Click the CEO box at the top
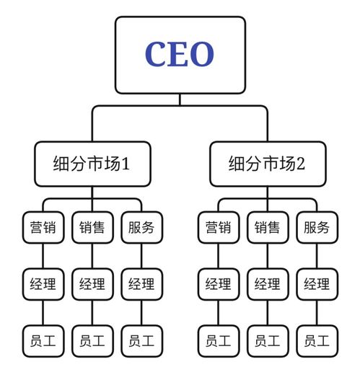point(180,55)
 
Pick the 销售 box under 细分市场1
point(92,228)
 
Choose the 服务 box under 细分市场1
point(141,228)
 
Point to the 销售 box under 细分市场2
point(267,228)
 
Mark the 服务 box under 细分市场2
point(317,228)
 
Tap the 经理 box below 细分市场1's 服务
point(141,284)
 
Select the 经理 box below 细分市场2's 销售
point(267,284)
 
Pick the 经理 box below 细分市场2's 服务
point(317,284)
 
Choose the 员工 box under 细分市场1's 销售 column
point(92,340)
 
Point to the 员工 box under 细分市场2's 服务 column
point(317,340)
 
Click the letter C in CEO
point(157,55)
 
